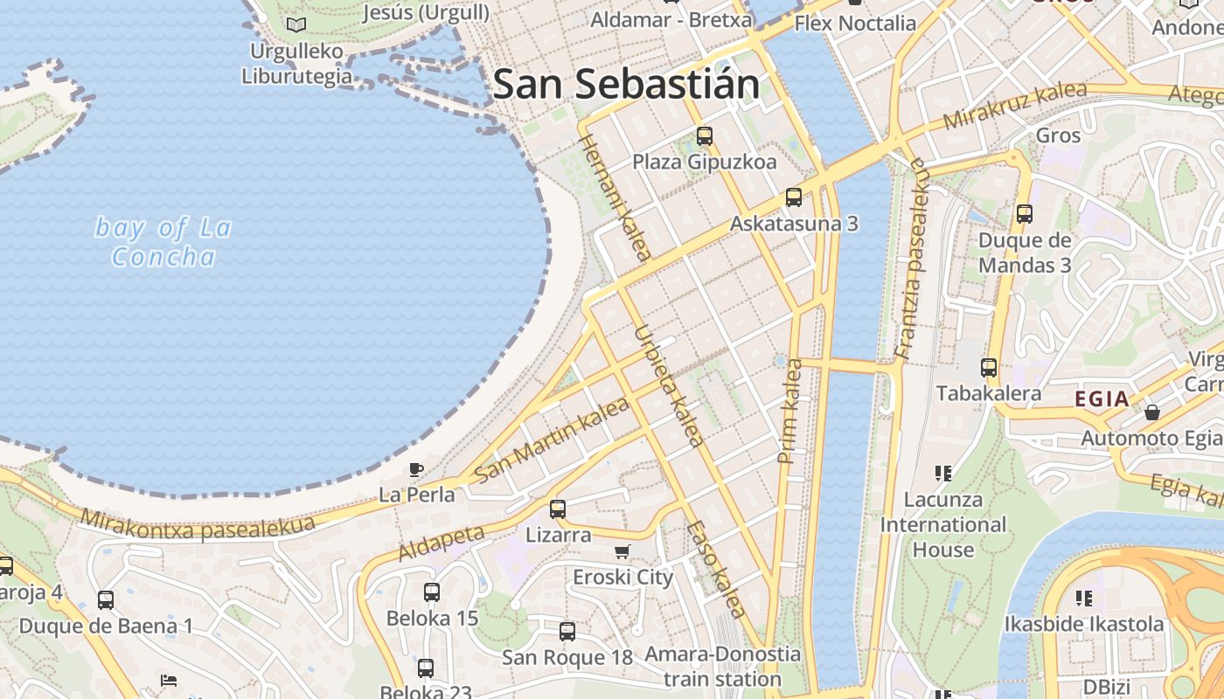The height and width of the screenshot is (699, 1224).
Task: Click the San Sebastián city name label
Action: [626, 84]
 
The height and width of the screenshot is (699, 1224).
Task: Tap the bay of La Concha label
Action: [163, 242]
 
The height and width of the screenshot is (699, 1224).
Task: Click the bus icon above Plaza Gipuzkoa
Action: [705, 136]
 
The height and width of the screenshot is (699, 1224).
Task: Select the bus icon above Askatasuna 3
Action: [794, 197]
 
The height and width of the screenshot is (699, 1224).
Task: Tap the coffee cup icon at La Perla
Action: [416, 470]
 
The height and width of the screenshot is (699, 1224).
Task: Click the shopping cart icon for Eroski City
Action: [622, 551]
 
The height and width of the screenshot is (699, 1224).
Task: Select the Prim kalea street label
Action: [789, 411]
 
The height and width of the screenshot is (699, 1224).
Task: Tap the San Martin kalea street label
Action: [552, 439]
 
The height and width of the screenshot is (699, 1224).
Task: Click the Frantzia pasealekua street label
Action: [909, 259]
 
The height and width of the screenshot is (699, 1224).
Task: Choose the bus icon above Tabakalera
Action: [989, 368]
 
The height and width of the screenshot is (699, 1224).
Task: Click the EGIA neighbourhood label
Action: [1102, 399]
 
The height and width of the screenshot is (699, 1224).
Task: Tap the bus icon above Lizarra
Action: [558, 509]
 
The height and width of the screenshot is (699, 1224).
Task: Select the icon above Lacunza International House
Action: [942, 474]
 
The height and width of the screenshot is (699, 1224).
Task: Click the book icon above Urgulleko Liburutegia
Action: [296, 24]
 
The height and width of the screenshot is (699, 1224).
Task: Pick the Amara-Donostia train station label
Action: [722, 666]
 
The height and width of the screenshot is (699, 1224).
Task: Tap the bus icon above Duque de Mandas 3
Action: [1025, 213]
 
